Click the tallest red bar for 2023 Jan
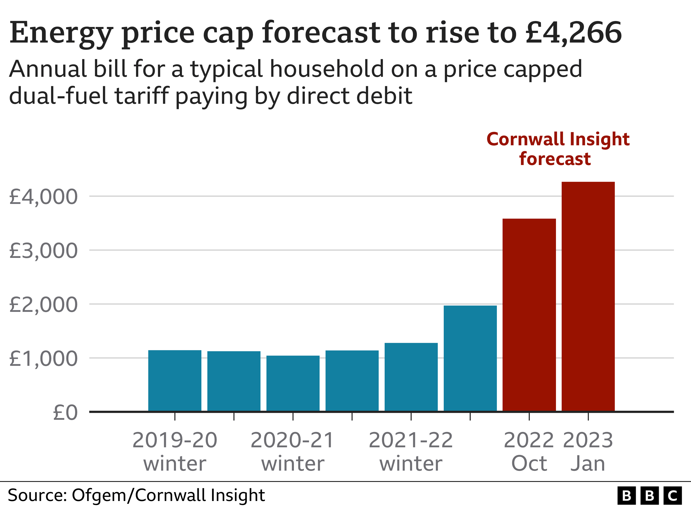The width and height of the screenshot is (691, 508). (588, 297)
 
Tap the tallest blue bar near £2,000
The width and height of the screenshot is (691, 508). (470, 358)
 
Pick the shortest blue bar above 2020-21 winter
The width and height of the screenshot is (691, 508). (293, 383)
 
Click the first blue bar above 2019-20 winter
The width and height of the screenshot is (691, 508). (175, 380)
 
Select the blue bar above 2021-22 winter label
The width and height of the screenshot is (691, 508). (411, 377)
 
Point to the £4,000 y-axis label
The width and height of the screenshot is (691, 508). (43, 197)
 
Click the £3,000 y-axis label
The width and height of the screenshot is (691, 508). (43, 251)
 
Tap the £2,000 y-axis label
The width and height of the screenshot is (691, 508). (43, 305)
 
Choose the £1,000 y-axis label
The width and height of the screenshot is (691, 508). (43, 359)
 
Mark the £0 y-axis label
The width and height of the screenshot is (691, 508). (65, 413)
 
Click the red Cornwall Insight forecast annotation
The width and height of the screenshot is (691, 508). (558, 149)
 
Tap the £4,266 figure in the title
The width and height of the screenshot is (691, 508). (573, 33)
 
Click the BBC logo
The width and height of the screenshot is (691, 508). (649, 496)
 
